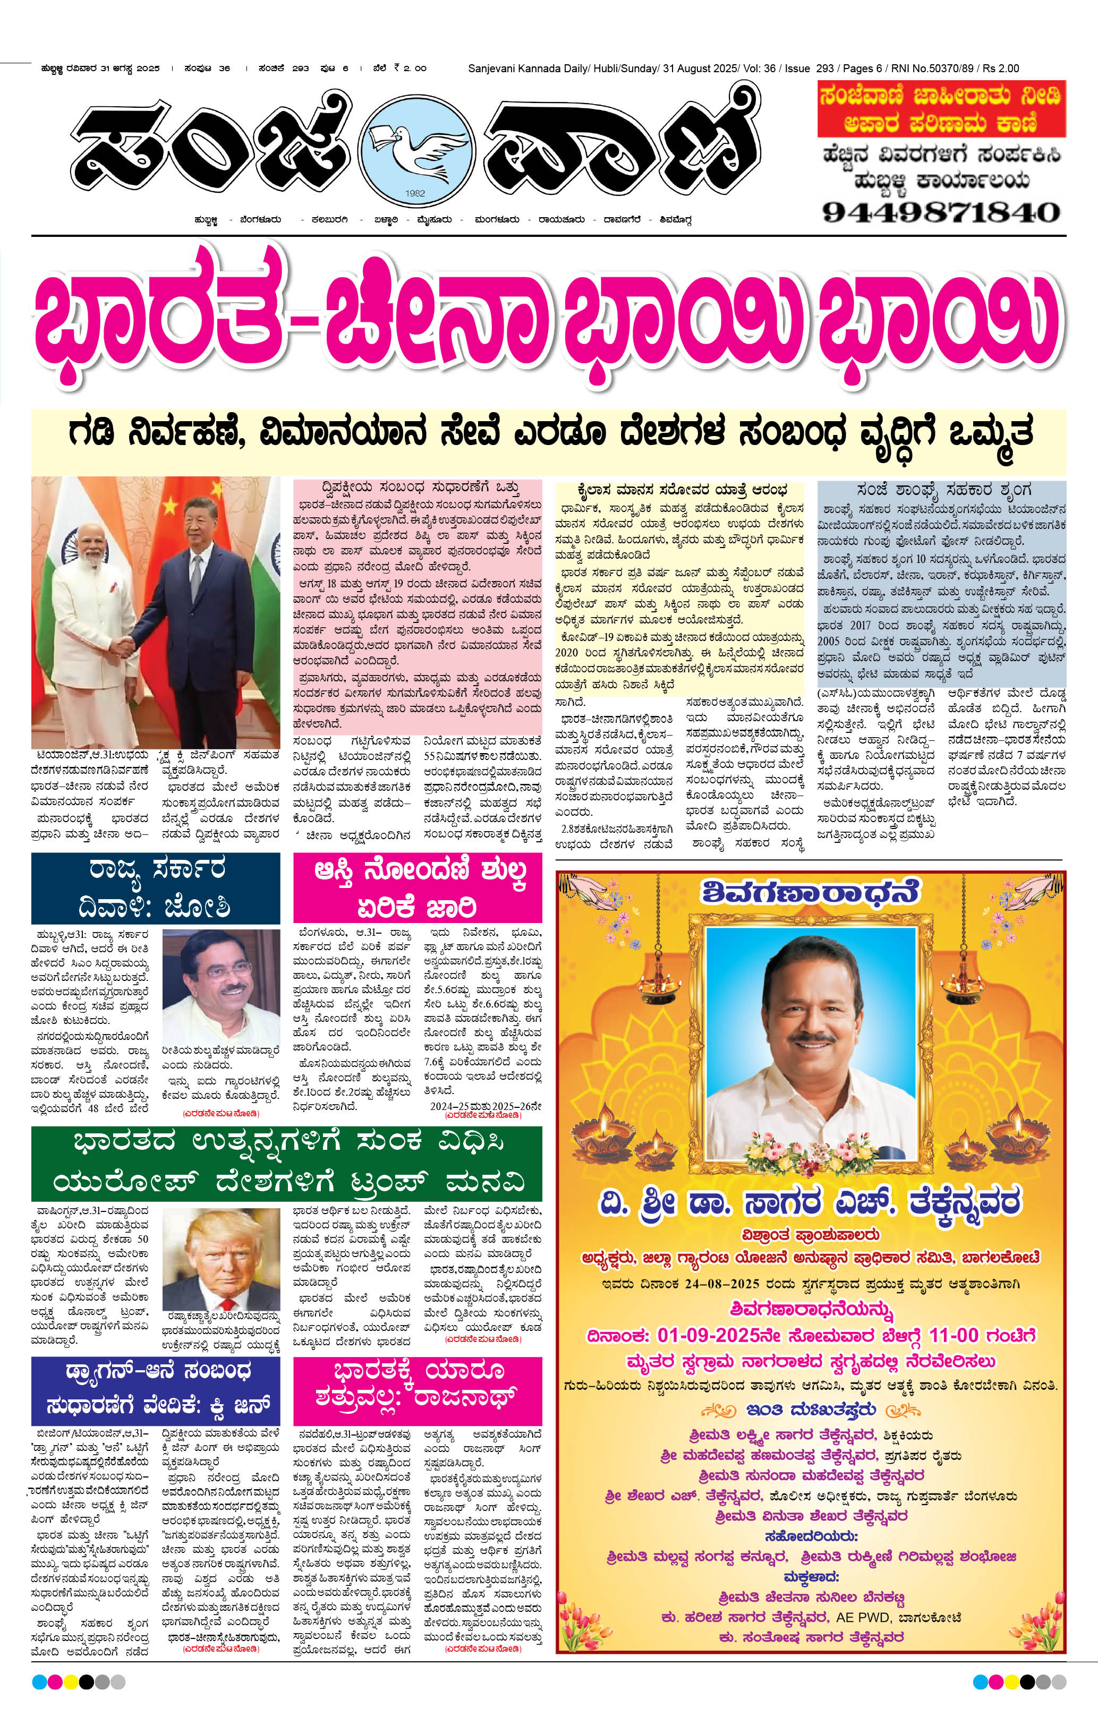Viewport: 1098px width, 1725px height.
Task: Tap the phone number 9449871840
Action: pos(941,212)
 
